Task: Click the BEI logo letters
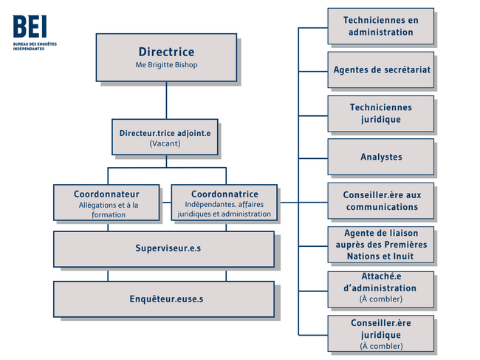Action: [30, 27]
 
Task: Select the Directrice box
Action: [166, 58]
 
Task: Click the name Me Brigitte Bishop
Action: [166, 65]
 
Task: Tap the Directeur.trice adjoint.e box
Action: [165, 137]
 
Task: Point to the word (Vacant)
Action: [165, 143]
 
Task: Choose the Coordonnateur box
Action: [106, 203]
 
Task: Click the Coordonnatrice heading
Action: [224, 194]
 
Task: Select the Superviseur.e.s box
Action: [164, 249]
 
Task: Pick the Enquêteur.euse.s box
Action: [164, 299]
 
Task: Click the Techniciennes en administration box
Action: [381, 27]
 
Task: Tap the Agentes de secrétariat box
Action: [381, 69]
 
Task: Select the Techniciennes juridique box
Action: [381, 114]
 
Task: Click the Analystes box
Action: [381, 157]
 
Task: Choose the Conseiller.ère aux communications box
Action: [381, 201]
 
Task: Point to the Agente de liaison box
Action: [381, 245]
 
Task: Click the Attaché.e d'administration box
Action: [381, 290]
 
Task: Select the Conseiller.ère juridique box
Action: [381, 333]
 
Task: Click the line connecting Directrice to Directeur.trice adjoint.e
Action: [166, 101]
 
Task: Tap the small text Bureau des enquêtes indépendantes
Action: [35, 47]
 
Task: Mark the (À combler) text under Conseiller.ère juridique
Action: [381, 346]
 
